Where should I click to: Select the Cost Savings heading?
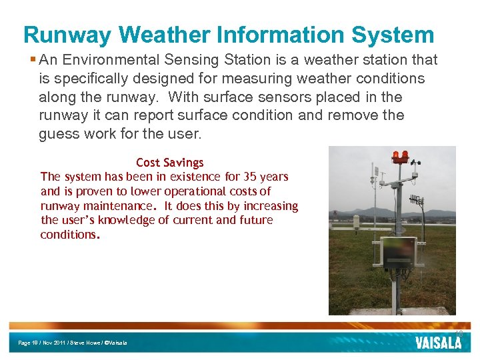coord(169,163)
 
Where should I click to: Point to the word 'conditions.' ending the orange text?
coord(70,235)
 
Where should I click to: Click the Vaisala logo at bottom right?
coord(438,343)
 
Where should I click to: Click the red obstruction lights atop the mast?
coord(400,157)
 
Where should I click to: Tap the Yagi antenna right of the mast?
coord(417,201)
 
